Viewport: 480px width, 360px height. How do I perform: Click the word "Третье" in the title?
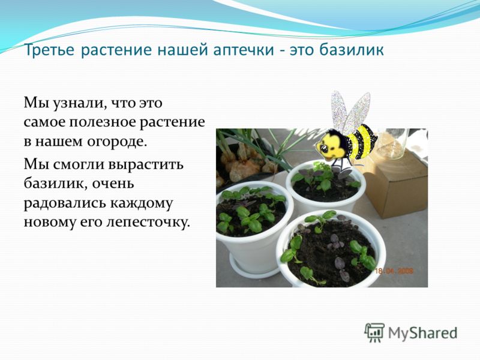(x=49, y=50)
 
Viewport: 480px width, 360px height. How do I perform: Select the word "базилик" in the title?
(x=352, y=50)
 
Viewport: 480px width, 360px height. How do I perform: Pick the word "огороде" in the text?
(x=117, y=142)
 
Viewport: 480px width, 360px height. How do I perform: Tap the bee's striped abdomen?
(x=363, y=142)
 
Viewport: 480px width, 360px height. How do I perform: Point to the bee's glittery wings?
(x=350, y=110)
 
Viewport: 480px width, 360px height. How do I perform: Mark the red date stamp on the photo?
(x=394, y=271)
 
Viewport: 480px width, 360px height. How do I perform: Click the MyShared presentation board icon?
(x=374, y=332)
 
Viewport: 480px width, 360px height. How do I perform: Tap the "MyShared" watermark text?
(x=423, y=333)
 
